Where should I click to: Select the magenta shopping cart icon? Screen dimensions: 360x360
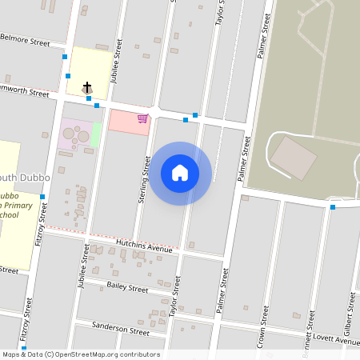(x=142, y=118)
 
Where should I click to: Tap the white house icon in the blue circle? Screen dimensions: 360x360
(x=180, y=173)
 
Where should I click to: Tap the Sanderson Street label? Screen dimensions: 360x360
(x=121, y=328)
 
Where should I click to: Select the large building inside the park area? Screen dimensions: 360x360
(x=293, y=158)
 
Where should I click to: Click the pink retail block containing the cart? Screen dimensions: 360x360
(x=128, y=122)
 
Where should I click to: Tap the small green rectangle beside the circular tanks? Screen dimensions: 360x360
(x=96, y=134)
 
